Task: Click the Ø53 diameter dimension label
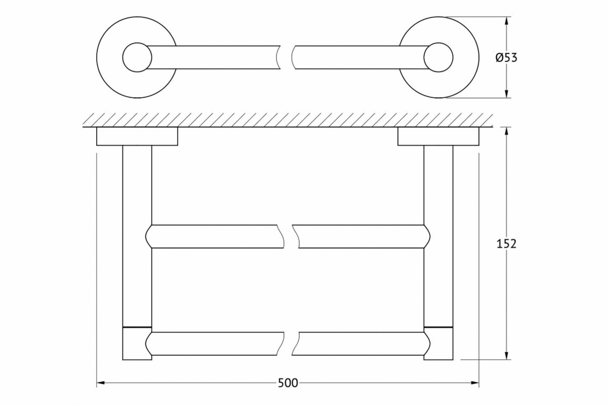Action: pyautogui.click(x=506, y=58)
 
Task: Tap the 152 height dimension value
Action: pyautogui.click(x=506, y=244)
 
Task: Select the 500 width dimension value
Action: pyautogui.click(x=288, y=383)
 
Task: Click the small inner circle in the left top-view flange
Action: pyautogui.click(x=137, y=57)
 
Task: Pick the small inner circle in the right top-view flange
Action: pyautogui.click(x=438, y=57)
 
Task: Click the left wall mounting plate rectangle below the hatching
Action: pyautogui.click(x=137, y=136)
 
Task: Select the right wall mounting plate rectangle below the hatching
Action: pyautogui.click(x=438, y=136)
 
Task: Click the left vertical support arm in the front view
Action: pyautogui.click(x=137, y=238)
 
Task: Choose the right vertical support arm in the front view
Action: pyautogui.click(x=438, y=238)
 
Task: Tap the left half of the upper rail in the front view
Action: pyautogui.click(x=216, y=237)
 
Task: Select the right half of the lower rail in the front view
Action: pyautogui.click(x=362, y=344)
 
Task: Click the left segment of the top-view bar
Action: pyautogui.click(x=213, y=57)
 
